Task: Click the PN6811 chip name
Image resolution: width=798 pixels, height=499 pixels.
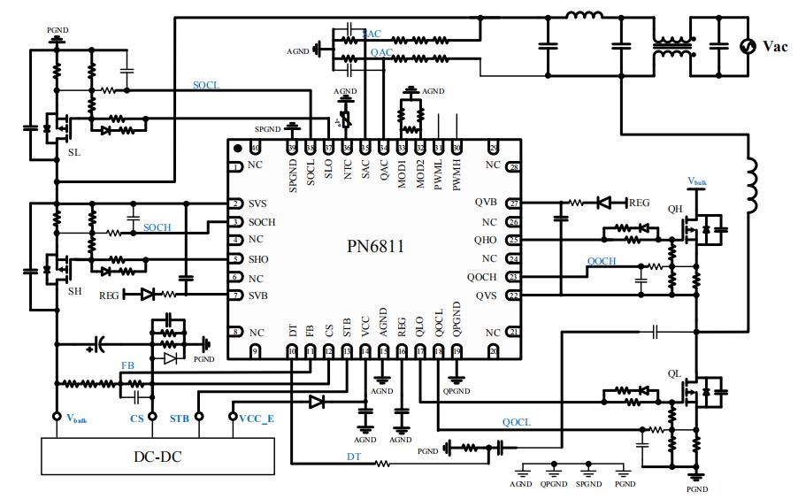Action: pyautogui.click(x=375, y=247)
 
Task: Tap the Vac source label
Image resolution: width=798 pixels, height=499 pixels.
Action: pyautogui.click(x=775, y=47)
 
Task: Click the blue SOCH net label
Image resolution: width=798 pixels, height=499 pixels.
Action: pyautogui.click(x=157, y=227)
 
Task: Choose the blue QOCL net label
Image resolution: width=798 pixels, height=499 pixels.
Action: pyautogui.click(x=516, y=422)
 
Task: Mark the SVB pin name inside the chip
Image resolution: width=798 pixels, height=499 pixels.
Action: pyautogui.click(x=257, y=296)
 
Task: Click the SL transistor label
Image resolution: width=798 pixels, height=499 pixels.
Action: pyautogui.click(x=73, y=152)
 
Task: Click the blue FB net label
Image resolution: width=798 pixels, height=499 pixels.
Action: pyautogui.click(x=127, y=365)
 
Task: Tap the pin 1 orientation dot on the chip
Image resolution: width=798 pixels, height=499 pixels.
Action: pyautogui.click(x=237, y=148)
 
